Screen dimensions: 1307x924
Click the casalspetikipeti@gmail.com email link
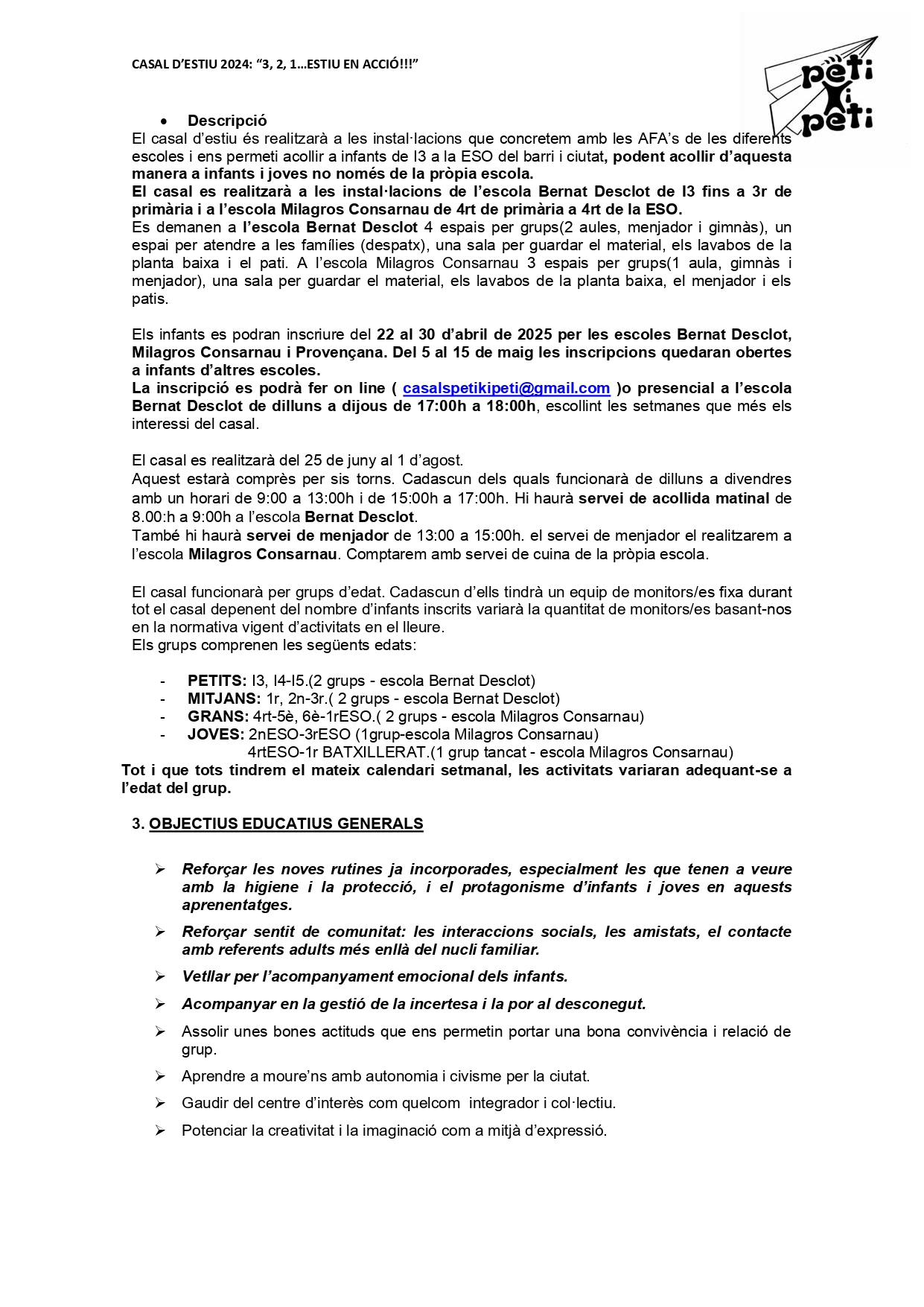506,388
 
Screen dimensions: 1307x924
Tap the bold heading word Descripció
227,121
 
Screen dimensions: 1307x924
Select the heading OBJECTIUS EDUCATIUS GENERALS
286,824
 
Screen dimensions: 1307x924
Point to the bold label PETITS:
217,681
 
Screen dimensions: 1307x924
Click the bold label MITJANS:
224,699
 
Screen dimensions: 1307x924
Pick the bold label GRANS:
218,716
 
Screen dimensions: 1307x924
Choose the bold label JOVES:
215,734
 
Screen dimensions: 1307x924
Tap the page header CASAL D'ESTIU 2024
275,64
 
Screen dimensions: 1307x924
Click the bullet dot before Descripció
164,121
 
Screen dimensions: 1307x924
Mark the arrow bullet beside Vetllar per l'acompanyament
160,976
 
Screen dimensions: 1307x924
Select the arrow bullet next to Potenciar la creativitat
160,1130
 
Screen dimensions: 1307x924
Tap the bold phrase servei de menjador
317,535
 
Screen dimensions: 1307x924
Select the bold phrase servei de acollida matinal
674,498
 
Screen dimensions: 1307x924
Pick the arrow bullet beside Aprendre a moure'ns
160,1076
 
